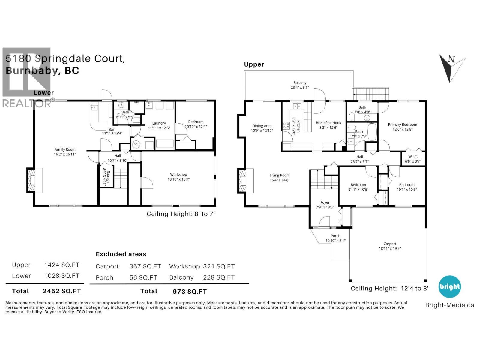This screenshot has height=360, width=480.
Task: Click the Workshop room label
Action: point(178,174)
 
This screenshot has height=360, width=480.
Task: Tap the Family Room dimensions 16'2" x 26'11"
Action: point(65,154)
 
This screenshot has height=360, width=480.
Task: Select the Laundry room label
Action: point(159,123)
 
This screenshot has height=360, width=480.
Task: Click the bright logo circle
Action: point(449,286)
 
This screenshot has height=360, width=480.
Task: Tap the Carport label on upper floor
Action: point(390,244)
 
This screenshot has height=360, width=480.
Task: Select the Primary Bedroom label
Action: point(402,124)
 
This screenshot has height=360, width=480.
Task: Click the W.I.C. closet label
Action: point(413,157)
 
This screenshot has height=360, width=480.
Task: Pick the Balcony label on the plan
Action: point(300,83)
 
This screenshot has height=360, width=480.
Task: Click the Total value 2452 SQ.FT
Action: point(62,291)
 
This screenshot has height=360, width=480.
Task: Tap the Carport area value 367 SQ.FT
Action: point(145,266)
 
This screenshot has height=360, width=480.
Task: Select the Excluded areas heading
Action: point(121,254)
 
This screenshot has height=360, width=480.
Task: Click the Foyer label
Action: point(325,202)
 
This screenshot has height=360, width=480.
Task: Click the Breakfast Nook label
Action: point(328,123)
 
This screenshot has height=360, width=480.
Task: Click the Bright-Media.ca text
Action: point(449,305)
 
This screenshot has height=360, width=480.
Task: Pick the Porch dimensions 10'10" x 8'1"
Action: point(335,241)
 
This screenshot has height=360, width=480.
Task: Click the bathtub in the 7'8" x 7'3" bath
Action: point(372,132)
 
